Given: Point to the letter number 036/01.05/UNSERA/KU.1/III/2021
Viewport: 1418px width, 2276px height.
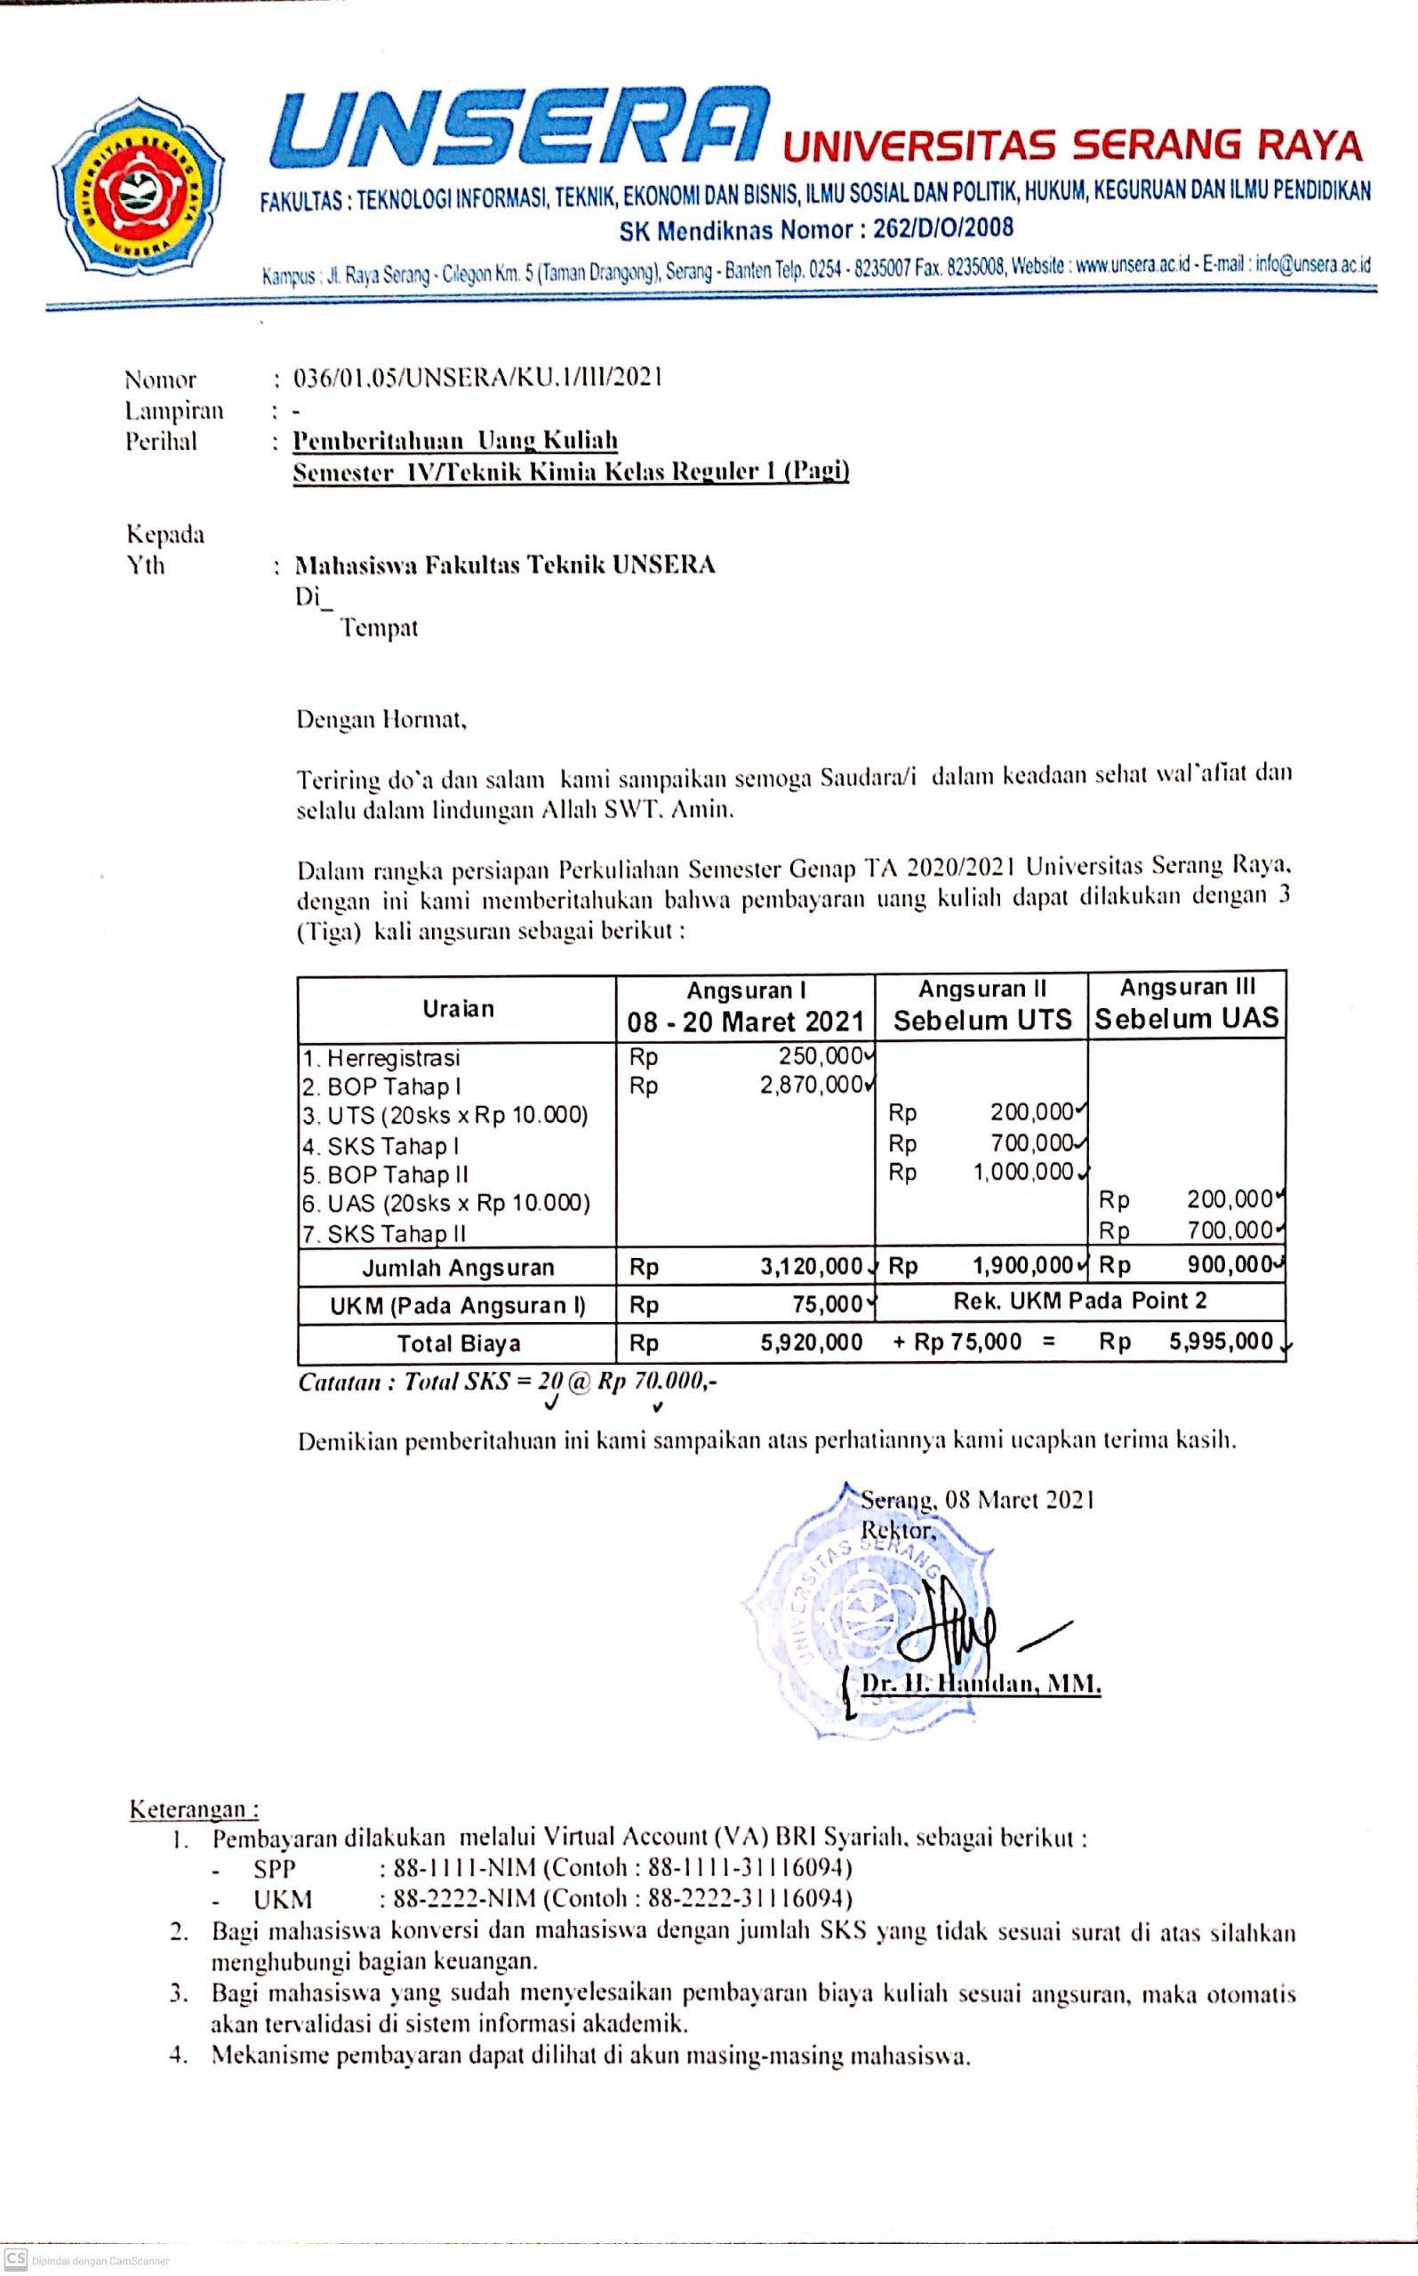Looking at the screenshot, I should [x=478, y=377].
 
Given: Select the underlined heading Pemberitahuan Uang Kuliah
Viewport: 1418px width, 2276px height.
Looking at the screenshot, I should [x=456, y=440].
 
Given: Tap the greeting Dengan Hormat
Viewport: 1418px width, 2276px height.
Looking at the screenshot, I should [x=381, y=720].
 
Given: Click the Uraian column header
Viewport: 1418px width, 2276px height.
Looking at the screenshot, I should [x=458, y=1008].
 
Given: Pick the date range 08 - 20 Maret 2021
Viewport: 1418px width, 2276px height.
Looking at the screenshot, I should [x=746, y=1022].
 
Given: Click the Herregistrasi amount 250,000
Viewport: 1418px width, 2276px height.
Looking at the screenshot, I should [x=820, y=1056].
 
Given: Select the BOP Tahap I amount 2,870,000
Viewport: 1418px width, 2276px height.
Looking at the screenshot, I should [x=810, y=1085].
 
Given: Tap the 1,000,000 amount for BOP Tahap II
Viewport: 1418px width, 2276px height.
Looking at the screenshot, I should [x=1023, y=1171].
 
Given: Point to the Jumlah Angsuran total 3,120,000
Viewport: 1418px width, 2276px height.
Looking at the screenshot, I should [x=811, y=1267].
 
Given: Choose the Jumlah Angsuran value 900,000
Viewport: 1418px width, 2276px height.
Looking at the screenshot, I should [x=1230, y=1265].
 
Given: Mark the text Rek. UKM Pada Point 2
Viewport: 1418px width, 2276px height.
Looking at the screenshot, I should [x=1079, y=1301].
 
